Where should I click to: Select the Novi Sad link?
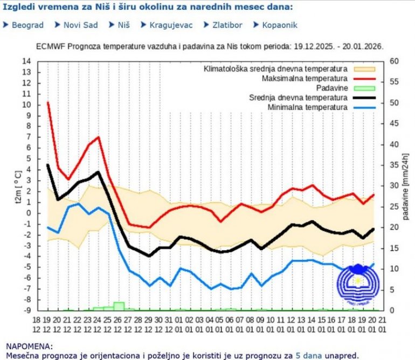point(80,25)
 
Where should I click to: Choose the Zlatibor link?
point(226,25)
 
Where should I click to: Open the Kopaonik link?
point(279,25)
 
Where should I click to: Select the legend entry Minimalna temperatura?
point(306,108)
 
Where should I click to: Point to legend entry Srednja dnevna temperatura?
point(298,98)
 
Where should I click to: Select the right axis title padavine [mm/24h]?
point(405,186)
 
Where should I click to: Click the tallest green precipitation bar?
point(119,306)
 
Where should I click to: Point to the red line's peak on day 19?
point(48,102)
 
